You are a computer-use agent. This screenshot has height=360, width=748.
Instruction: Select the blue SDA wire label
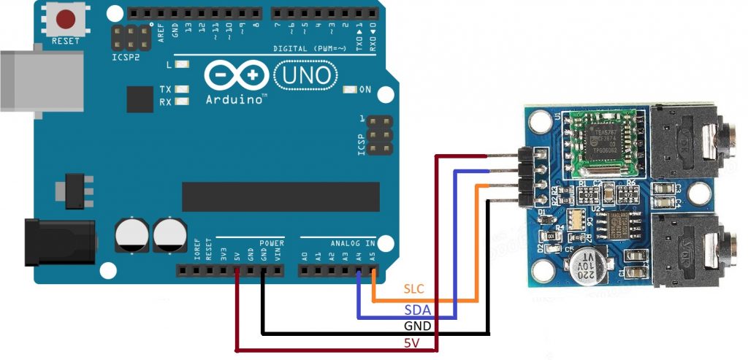coord(416,310)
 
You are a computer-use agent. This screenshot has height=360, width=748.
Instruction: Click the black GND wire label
coord(418,326)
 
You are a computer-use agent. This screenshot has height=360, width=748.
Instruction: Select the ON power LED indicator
coord(349,90)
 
